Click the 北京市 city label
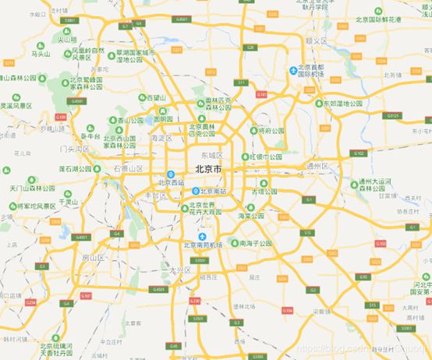207,168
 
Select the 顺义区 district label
315,40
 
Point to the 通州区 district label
319,165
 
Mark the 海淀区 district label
160,138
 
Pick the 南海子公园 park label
257,244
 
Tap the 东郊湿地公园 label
344,103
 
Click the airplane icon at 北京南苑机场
203,236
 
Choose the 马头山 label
40,54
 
